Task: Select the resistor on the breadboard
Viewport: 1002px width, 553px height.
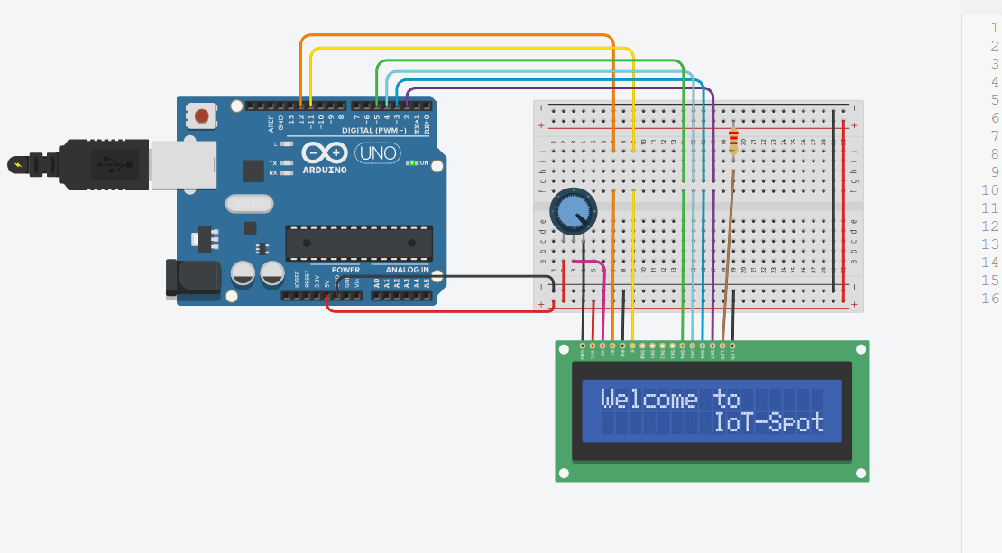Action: [732, 143]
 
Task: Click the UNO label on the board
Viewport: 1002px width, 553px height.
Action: [379, 154]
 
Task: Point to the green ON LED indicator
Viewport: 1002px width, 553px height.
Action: [411, 163]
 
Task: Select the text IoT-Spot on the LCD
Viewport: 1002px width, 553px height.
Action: [769, 422]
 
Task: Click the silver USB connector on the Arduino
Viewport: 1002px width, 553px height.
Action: [182, 164]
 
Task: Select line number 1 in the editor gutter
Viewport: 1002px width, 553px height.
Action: [994, 27]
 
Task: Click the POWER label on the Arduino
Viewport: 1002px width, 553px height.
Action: [345, 270]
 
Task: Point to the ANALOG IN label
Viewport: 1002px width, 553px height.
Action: [408, 270]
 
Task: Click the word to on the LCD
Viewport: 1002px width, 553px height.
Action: [726, 400]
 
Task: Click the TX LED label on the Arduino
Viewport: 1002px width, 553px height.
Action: [273, 163]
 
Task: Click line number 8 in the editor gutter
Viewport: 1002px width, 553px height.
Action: [994, 153]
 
